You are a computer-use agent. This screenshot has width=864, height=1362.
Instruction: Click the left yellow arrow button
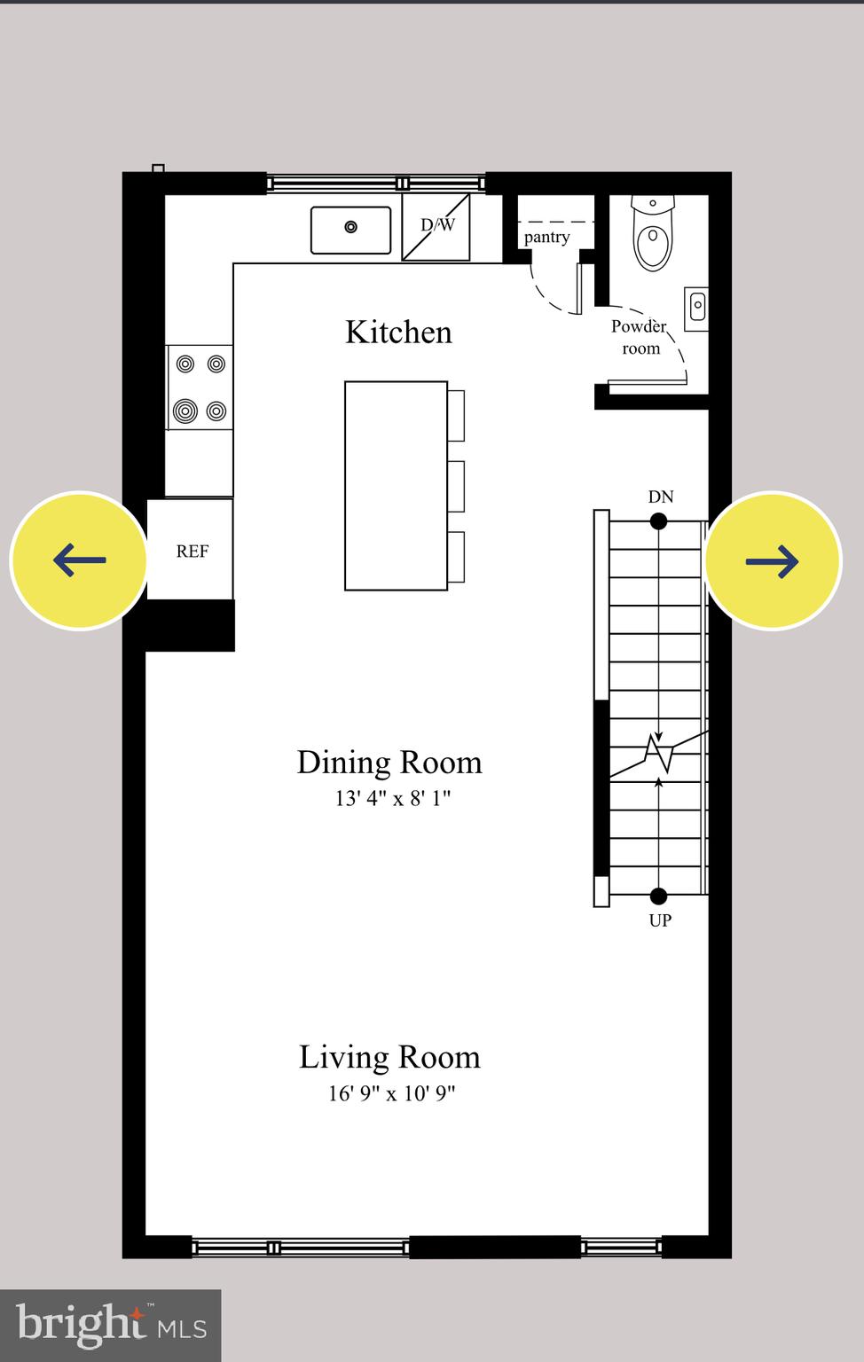[79, 560]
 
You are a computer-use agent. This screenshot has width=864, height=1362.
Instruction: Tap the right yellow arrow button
[773, 560]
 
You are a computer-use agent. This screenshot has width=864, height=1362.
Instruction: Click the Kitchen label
[398, 332]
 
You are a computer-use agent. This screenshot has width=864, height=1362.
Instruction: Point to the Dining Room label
[389, 763]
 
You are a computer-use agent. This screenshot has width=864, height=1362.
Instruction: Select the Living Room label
[389, 1058]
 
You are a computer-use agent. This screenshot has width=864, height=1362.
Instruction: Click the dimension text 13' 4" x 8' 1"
[393, 798]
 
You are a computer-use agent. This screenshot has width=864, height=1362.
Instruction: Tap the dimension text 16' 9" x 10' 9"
[392, 1093]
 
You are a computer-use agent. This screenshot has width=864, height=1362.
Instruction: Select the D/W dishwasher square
[436, 227]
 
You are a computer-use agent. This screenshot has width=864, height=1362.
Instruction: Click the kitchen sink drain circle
[351, 227]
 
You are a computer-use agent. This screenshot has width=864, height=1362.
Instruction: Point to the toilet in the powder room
[653, 233]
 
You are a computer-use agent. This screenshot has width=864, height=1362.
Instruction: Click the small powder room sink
[696, 309]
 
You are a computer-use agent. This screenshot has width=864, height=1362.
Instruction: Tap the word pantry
[547, 237]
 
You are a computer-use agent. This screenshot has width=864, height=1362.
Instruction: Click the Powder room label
[639, 338]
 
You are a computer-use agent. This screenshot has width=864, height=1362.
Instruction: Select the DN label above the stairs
[661, 497]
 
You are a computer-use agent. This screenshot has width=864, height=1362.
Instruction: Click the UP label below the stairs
[660, 920]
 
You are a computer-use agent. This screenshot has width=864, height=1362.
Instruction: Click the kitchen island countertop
[397, 486]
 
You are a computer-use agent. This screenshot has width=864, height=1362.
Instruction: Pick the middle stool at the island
[456, 487]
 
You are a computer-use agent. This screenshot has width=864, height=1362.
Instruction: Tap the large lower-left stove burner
[185, 411]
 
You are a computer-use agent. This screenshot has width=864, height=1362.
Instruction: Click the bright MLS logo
[111, 1326]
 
